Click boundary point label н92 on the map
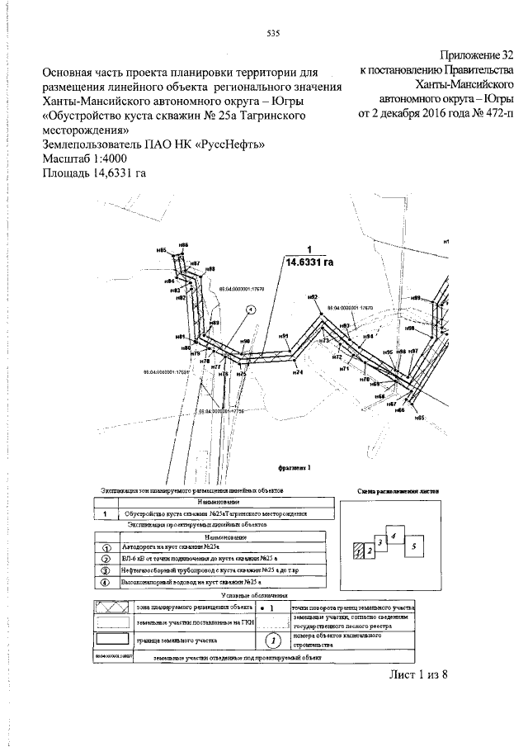pyautogui.click(x=313, y=297)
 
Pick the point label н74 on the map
pyautogui.click(x=298, y=373)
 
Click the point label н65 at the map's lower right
pyautogui.click(x=418, y=419)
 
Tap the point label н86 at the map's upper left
pyautogui.click(x=183, y=245)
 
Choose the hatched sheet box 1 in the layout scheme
pyautogui.click(x=359, y=550)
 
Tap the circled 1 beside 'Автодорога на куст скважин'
pyautogui.click(x=106, y=546)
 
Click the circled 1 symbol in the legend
pyautogui.click(x=314, y=638)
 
